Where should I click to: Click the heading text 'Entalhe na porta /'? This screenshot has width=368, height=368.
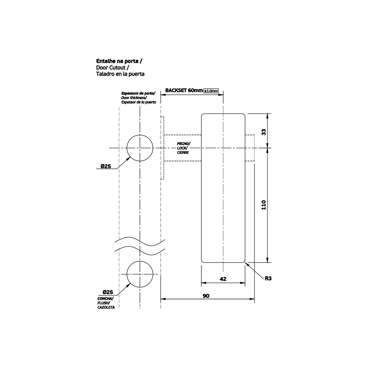click(119, 61)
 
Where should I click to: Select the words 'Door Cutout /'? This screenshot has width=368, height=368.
click(113, 67)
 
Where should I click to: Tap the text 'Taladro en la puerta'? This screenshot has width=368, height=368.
click(120, 74)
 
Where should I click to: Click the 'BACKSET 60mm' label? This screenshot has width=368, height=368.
click(184, 90)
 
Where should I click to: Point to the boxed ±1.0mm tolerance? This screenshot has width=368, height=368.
click(211, 91)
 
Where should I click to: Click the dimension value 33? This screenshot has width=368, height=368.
click(263, 132)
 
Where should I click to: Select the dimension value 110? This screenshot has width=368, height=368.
click(263, 205)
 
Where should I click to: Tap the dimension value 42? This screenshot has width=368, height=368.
click(223, 279)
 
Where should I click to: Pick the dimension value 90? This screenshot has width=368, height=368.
click(206, 296)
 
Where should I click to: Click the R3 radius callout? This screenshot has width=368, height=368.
click(268, 279)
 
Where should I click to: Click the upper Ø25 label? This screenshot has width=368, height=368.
click(105, 166)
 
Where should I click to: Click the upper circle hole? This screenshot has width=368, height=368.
click(140, 148)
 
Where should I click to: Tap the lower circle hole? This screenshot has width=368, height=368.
click(140, 274)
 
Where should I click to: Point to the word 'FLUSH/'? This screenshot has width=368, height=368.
click(103, 303)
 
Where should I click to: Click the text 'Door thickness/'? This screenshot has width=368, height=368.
click(134, 98)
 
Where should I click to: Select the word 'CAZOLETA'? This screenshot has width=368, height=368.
click(106, 307)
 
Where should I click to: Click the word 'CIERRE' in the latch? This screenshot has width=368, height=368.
click(183, 152)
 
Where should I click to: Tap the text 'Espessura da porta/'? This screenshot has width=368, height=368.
click(138, 93)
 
